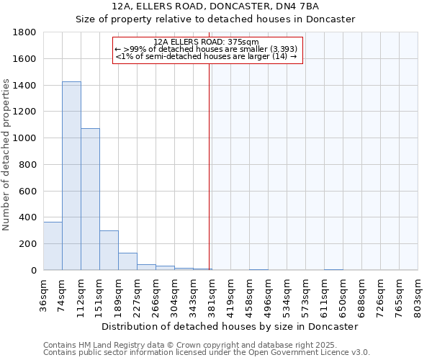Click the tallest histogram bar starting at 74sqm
pyautogui.click(x=71, y=176)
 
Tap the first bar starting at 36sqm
pyautogui.click(x=53, y=246)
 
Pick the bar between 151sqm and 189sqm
pyautogui.click(x=109, y=250)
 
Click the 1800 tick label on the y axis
pyautogui.click(x=25, y=32)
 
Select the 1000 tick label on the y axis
pyautogui.click(x=25, y=138)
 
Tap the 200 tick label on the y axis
pyautogui.click(x=28, y=244)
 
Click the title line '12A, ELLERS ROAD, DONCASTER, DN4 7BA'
pyautogui.click(x=216, y=6)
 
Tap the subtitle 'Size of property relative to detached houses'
pyautogui.click(x=216, y=19)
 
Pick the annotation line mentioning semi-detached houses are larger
pyautogui.click(x=206, y=56)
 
